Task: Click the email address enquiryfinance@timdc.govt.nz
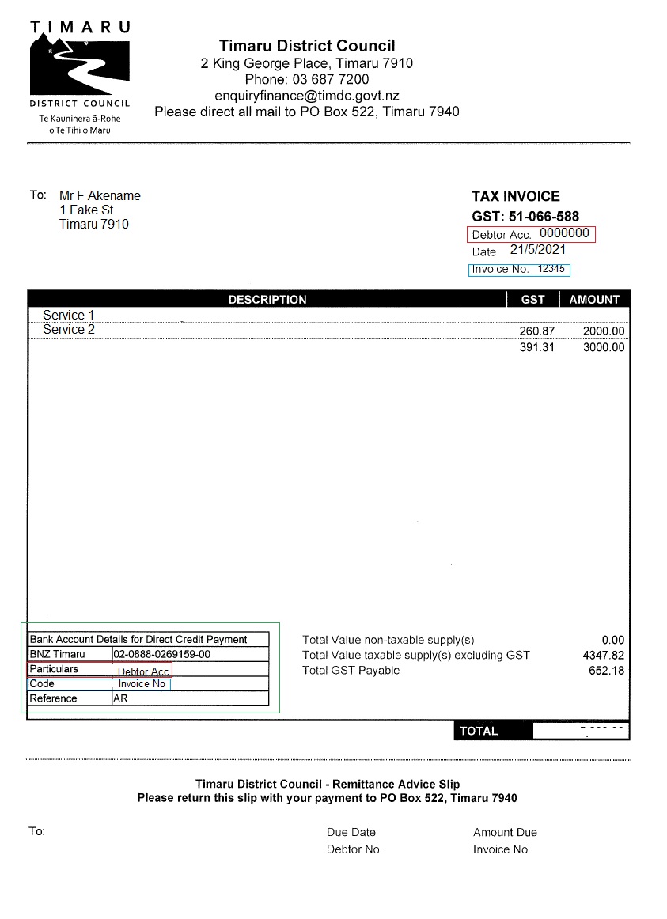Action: [306, 96]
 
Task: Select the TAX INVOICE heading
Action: [515, 196]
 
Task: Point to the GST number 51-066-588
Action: [544, 217]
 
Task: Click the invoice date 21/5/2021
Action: [538, 250]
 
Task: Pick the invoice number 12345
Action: [551, 269]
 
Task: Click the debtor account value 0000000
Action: [564, 233]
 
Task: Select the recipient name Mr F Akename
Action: [100, 195]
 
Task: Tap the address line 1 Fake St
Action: [86, 210]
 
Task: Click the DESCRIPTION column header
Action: [267, 300]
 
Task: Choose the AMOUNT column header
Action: [594, 300]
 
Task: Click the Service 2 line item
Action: [69, 330]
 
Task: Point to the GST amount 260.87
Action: [537, 331]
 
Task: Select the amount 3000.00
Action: [604, 347]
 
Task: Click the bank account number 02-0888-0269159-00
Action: [162, 655]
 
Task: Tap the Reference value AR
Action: [120, 699]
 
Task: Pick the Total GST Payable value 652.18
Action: [607, 671]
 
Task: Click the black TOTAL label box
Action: [479, 731]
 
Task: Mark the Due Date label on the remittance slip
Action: [351, 832]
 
